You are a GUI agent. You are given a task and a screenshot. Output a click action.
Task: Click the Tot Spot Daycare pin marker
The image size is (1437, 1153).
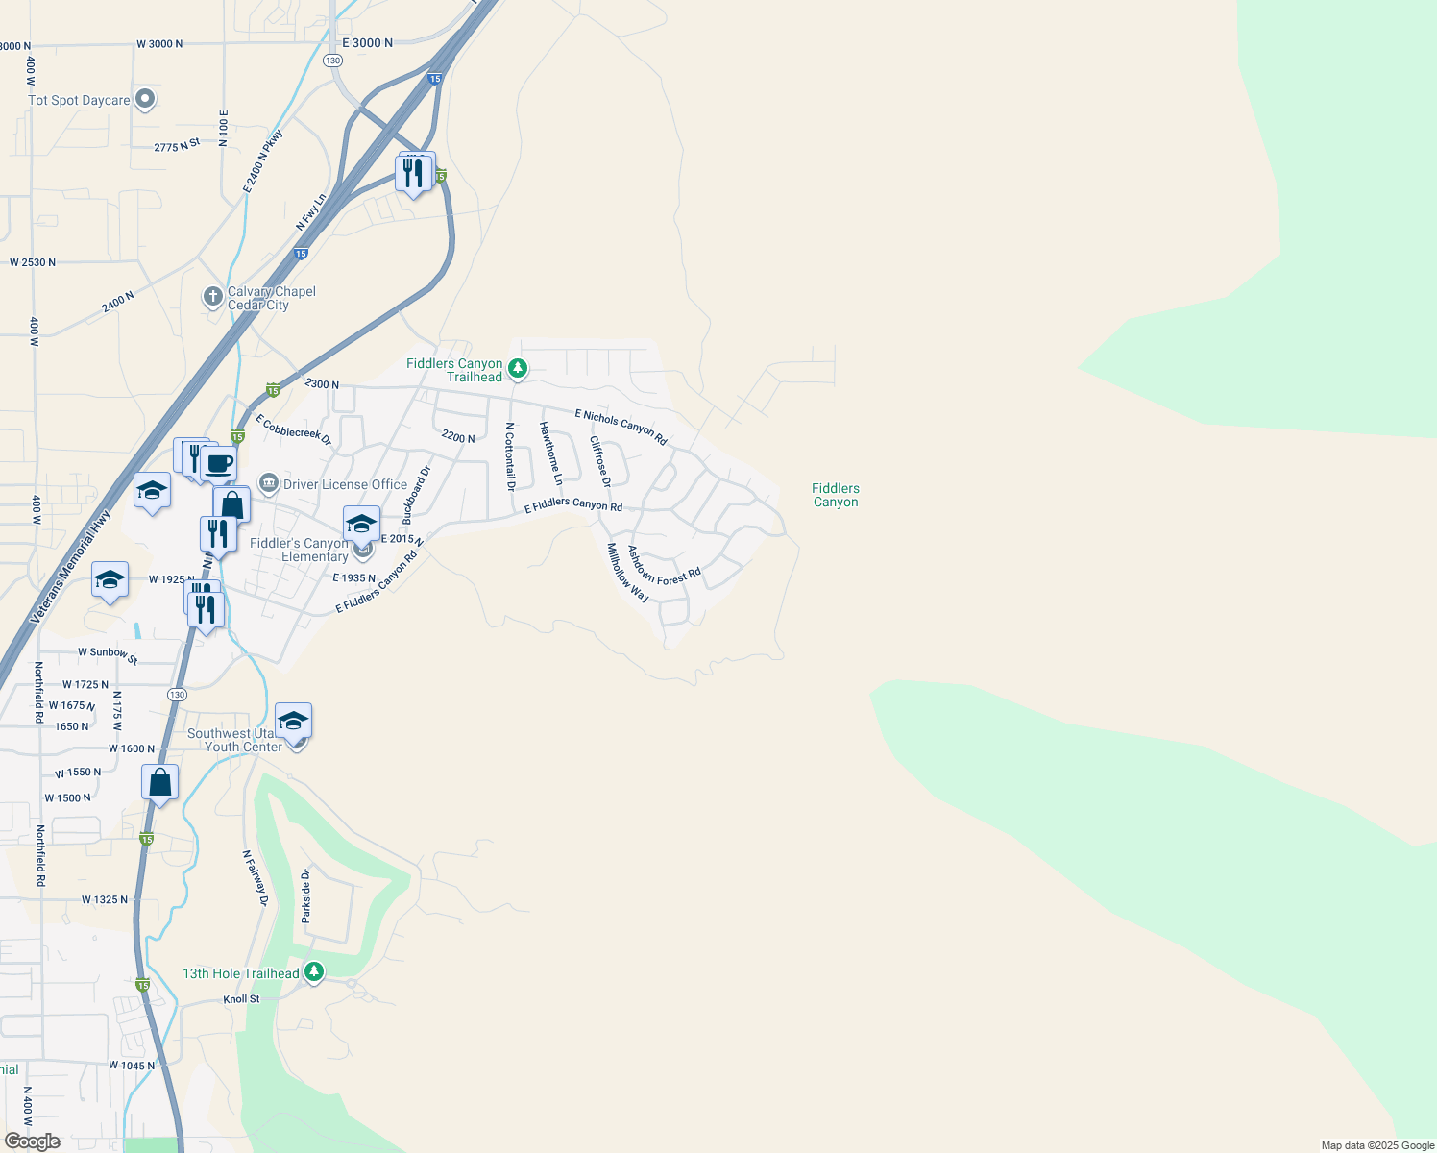click(145, 99)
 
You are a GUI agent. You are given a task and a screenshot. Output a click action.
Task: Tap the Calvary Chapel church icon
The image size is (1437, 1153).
click(213, 297)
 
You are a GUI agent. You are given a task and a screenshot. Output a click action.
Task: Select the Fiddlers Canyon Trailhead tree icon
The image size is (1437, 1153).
click(518, 368)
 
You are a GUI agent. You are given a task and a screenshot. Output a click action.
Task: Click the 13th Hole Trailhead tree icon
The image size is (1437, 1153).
click(314, 972)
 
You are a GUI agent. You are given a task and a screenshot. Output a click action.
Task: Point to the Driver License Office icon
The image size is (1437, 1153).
click(269, 483)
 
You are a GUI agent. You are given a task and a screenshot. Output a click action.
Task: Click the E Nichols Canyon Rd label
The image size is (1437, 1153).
click(621, 427)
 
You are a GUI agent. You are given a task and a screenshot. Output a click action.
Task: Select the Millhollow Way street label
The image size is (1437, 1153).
click(627, 573)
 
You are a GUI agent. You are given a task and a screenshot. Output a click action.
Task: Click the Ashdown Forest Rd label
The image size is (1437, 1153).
click(664, 566)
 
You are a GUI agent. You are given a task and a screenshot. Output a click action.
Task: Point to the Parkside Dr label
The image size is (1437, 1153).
click(306, 895)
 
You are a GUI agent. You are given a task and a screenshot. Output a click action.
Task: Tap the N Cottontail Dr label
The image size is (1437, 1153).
click(510, 456)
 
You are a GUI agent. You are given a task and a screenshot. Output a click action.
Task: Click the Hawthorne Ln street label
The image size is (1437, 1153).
click(550, 453)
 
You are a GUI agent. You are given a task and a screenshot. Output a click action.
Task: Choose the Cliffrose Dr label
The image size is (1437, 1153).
click(599, 461)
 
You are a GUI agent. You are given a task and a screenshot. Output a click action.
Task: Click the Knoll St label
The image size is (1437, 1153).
click(241, 999)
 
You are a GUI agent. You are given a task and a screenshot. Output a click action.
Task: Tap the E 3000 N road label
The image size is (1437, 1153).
click(367, 43)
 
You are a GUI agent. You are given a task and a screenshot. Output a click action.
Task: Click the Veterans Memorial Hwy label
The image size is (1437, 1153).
click(71, 567)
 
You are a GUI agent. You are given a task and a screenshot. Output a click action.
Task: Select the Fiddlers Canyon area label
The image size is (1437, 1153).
click(835, 495)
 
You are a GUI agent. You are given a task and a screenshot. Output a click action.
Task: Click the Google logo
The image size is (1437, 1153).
click(32, 1141)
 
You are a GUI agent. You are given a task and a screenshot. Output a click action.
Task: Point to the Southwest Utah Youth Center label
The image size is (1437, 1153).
click(235, 740)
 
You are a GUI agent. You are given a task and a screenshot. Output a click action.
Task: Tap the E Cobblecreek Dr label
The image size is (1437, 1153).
click(293, 430)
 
